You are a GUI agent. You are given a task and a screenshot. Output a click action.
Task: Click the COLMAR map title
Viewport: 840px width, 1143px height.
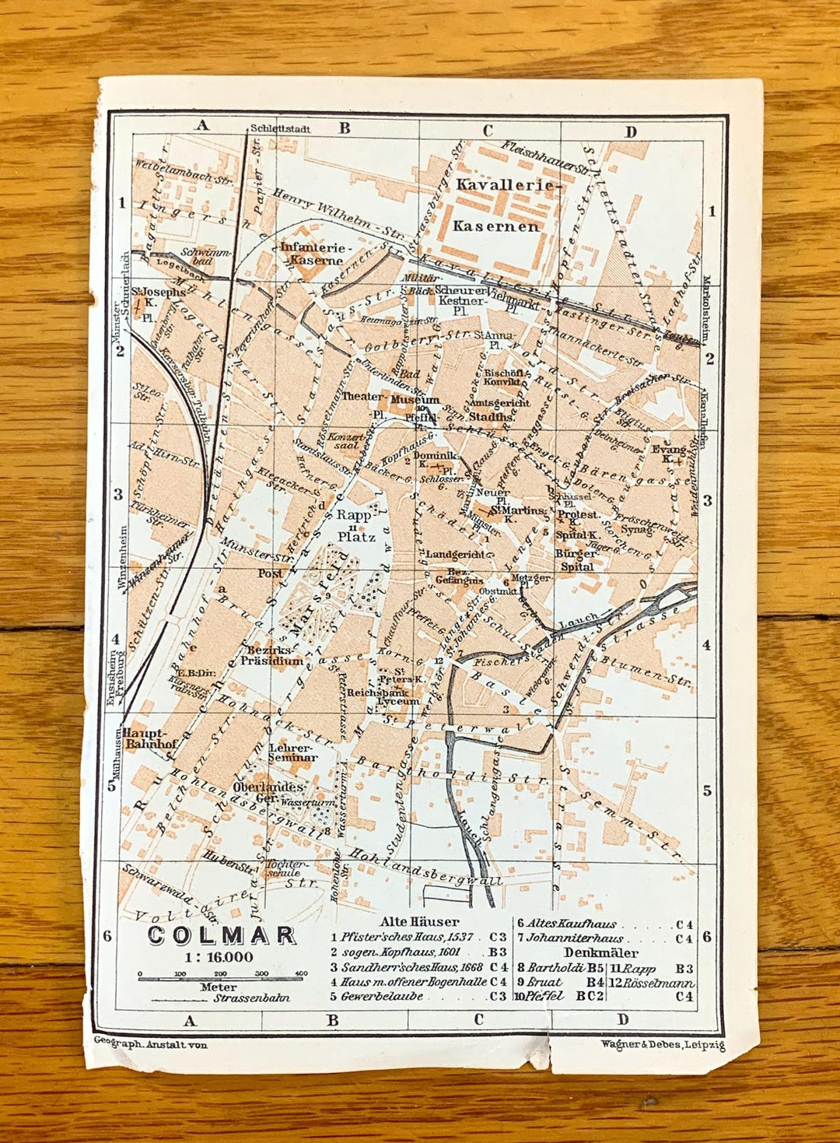pyautogui.click(x=221, y=935)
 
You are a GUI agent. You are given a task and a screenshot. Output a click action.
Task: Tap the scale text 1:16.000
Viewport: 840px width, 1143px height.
pyautogui.click(x=219, y=957)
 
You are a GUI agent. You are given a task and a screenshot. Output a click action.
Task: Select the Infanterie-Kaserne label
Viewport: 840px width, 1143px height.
pyautogui.click(x=316, y=253)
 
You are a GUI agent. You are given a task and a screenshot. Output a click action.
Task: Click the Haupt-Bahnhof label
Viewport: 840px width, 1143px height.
pyautogui.click(x=151, y=738)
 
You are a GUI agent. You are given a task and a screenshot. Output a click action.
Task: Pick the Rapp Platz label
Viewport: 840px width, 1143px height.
pyautogui.click(x=355, y=525)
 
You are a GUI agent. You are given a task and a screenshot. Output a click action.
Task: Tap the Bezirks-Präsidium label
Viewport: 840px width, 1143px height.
pyautogui.click(x=271, y=654)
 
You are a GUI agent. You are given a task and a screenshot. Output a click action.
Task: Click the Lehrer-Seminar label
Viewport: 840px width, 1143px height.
pyautogui.click(x=292, y=752)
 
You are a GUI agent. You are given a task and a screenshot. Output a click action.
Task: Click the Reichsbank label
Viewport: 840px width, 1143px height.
pyautogui.click(x=378, y=691)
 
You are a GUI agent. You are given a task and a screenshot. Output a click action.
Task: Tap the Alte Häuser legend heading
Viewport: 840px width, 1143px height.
pyautogui.click(x=418, y=921)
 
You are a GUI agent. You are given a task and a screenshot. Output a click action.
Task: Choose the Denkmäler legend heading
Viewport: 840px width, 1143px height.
pyautogui.click(x=600, y=952)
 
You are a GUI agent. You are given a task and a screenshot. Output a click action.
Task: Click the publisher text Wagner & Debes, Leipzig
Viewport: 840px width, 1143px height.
pyautogui.click(x=662, y=1044)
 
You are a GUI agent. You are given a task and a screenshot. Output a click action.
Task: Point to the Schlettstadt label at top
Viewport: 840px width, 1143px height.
pyautogui.click(x=280, y=128)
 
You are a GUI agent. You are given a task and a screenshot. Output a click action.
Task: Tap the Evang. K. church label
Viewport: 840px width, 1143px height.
pyautogui.click(x=670, y=454)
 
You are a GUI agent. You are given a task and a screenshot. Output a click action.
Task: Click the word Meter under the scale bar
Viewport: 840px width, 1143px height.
pyautogui.click(x=218, y=987)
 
